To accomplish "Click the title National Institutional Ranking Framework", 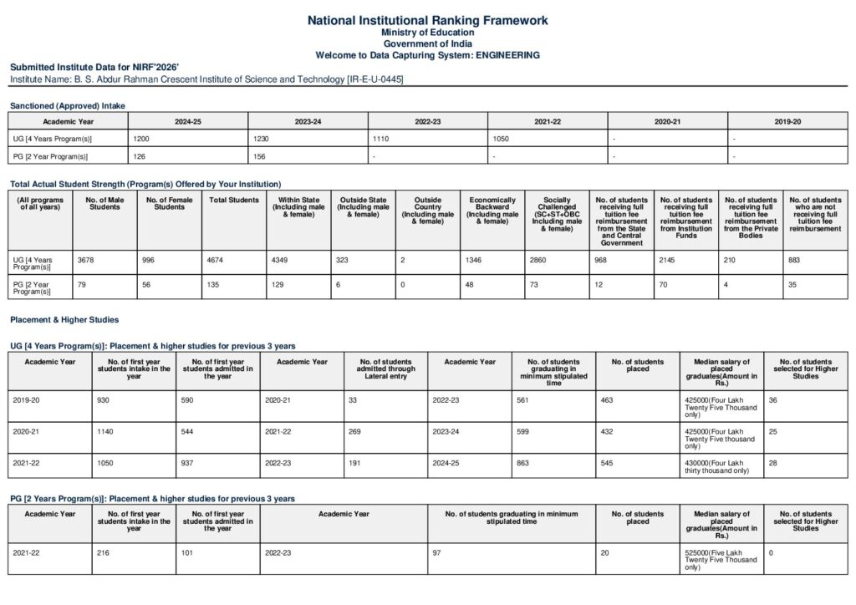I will pyautogui.click(x=427, y=19).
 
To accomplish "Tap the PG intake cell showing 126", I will pyautogui.click(x=140, y=155).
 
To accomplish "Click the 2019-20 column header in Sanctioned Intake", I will pyautogui.click(x=787, y=121).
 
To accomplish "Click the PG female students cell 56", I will pyautogui.click(x=147, y=286).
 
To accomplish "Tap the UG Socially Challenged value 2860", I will pyautogui.click(x=538, y=261).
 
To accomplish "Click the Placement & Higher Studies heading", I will pyautogui.click(x=64, y=319).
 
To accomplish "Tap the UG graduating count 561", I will pyautogui.click(x=524, y=400).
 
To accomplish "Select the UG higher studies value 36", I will pyautogui.click(x=773, y=400).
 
